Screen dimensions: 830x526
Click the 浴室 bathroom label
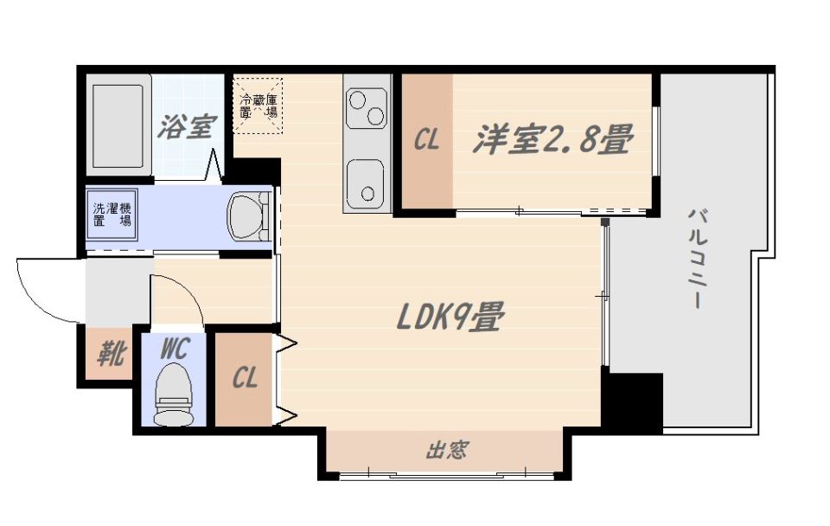tap(188, 126)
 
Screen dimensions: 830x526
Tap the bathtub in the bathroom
tap(118, 125)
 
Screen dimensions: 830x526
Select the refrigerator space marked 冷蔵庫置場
tap(259, 106)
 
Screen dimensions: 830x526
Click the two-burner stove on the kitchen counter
tap(367, 108)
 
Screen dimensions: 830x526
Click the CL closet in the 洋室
tap(426, 141)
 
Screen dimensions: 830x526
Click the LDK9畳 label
tap(450, 317)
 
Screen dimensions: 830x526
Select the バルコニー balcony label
tap(698, 258)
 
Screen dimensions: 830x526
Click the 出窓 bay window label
tap(447, 450)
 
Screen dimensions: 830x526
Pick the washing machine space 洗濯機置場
tap(112, 215)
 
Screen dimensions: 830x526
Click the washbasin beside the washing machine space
tap(249, 216)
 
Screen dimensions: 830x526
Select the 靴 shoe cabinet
tap(109, 354)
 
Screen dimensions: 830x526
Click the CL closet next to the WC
tap(244, 379)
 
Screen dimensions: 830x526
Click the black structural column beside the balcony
tap(633, 401)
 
